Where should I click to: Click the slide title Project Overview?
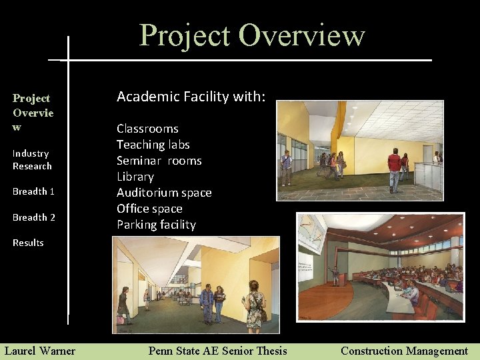coord(252,35)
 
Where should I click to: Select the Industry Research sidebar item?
coord(31,159)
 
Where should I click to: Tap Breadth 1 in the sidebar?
coord(33,191)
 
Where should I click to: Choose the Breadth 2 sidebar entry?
coord(33,217)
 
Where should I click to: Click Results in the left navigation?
coord(28,243)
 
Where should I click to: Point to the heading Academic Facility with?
coord(191,97)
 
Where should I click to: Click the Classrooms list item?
coord(147,129)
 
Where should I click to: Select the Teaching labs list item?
coord(153,145)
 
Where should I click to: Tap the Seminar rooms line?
coord(159,161)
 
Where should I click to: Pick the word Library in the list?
coord(135,177)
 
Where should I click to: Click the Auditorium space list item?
coord(164,193)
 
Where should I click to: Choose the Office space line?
coord(149,209)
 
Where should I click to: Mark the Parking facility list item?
coord(156,225)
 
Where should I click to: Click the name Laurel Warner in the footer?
coord(40,350)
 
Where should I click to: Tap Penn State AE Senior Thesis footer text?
coord(217,350)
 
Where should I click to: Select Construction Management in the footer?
coord(404,350)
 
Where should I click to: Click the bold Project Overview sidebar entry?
coord(33,112)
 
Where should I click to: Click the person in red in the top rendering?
coord(394,168)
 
